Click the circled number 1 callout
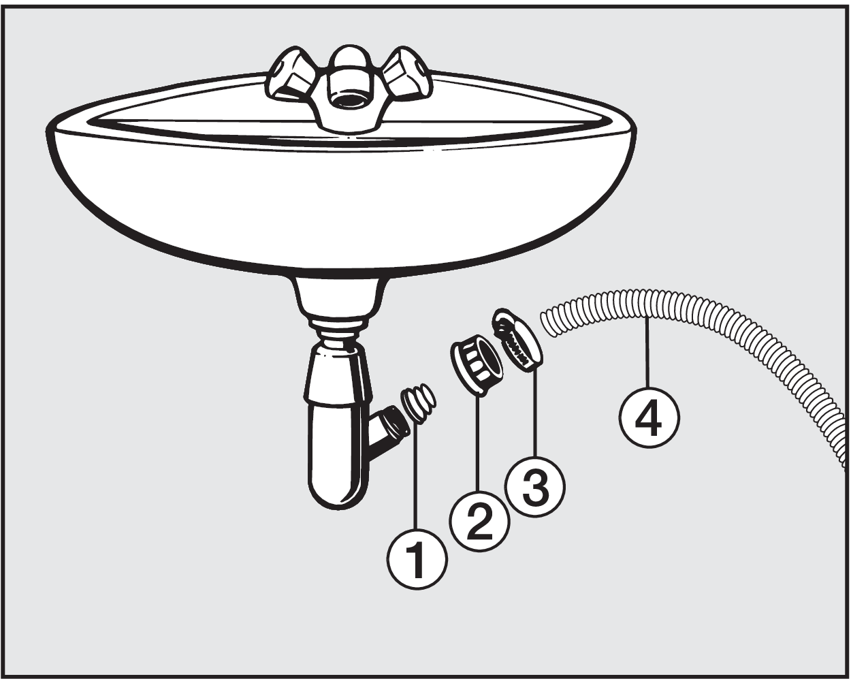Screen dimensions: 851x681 point(417,558)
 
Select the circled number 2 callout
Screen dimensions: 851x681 point(479,521)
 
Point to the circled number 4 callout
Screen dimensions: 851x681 point(649,417)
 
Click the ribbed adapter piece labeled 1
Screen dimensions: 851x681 point(419,403)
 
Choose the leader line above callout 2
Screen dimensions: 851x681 point(479,441)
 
